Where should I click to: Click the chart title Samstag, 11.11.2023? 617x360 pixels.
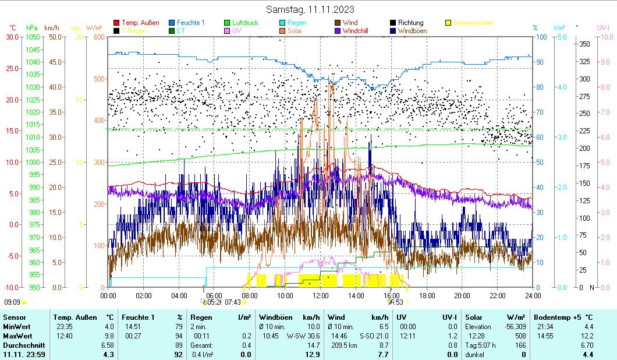click(x=310, y=9)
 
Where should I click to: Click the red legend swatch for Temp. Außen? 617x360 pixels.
click(x=116, y=23)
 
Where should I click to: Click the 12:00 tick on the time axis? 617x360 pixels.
click(x=321, y=295)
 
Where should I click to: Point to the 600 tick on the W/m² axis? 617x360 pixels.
click(x=98, y=37)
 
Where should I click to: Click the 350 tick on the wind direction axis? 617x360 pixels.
click(x=584, y=44)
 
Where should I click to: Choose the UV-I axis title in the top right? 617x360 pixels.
click(x=603, y=27)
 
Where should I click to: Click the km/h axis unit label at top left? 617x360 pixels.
click(x=51, y=27)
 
